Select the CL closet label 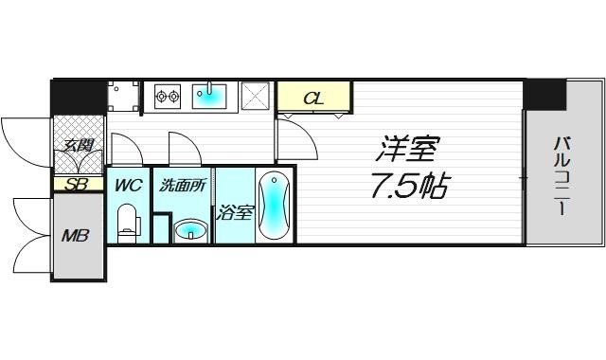point(312,99)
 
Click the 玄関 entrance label point(78,146)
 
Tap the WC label point(128,186)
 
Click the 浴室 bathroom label point(234,212)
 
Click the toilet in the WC point(128,225)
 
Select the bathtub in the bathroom point(274,208)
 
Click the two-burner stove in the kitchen point(167,95)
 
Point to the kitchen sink point(212,96)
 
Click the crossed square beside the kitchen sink point(255,97)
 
